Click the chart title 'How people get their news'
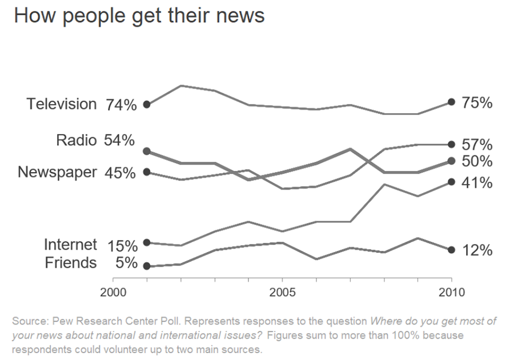coord(139,15)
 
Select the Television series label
coord(62,104)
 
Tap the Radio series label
coord(77,140)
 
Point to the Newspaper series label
coord(57,172)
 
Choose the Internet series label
coord(70,245)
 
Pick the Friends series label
coord(70,263)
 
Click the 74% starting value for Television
coord(121,105)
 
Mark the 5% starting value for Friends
coord(126,263)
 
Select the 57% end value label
coord(477,145)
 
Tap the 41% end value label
coord(477,183)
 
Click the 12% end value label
coord(477,250)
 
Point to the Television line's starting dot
coord(147,105)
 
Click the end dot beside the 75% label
coord(451,102)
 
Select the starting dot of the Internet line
coord(147,242)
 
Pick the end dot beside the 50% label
coord(451,161)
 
